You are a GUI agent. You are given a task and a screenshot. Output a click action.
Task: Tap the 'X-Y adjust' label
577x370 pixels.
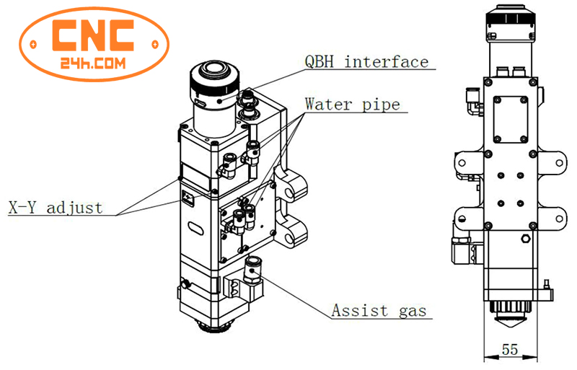(x=56, y=208)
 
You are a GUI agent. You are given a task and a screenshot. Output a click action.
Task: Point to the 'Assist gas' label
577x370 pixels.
(x=379, y=312)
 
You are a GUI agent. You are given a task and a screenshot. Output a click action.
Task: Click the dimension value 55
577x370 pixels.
(x=509, y=350)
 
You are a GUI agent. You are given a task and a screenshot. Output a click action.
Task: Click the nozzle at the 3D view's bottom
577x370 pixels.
(x=216, y=325)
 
